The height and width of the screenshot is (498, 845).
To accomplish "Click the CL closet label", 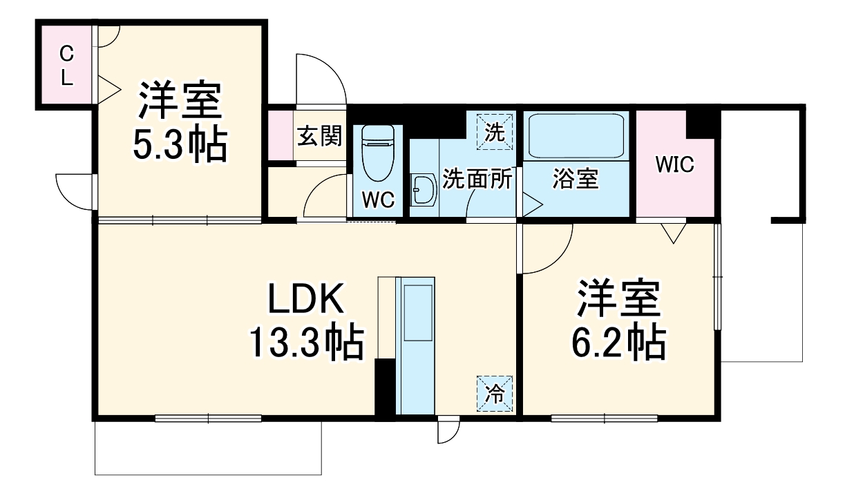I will pyautogui.click(x=66, y=66).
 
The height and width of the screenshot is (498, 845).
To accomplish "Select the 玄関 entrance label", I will pyautogui.click(x=320, y=136).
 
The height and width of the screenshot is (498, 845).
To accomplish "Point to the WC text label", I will pyautogui.click(x=378, y=200).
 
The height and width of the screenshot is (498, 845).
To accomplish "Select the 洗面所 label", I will pyautogui.click(x=477, y=179).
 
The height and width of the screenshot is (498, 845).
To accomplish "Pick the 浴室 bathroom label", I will pyautogui.click(x=575, y=179).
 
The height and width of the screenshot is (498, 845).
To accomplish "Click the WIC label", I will pyautogui.click(x=674, y=164).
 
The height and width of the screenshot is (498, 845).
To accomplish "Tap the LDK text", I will pyautogui.click(x=305, y=300).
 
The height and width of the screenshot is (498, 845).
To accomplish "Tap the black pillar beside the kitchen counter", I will pyautogui.click(x=384, y=387).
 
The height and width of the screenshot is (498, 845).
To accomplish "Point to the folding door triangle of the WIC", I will pyautogui.click(x=672, y=232).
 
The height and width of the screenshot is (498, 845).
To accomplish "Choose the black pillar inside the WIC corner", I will pyautogui.click(x=703, y=124).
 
